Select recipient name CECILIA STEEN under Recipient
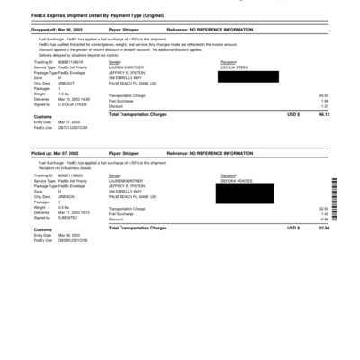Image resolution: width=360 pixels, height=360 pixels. [x=235, y=67]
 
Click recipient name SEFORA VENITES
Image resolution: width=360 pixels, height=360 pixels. [x=237, y=181]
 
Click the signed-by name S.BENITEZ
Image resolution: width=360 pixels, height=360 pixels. [x=68, y=218]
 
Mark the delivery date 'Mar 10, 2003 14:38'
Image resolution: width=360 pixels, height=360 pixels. [x=76, y=99]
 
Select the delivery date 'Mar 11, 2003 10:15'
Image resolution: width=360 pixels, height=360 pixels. [x=76, y=213]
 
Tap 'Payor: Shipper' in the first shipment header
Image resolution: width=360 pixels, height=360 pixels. [x=125, y=29]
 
